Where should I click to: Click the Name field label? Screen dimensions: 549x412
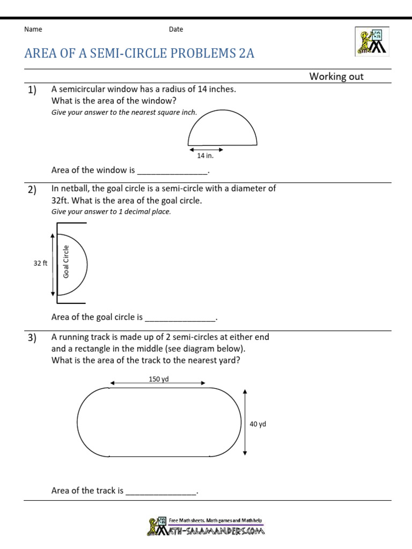point(33,29)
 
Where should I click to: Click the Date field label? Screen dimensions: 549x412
point(176,29)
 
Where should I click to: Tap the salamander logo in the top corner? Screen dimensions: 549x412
point(371,41)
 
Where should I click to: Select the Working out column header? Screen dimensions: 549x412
point(336,77)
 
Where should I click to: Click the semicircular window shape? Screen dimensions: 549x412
point(222,129)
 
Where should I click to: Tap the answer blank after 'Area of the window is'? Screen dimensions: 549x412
point(172,170)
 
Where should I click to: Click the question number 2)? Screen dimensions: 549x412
point(32,189)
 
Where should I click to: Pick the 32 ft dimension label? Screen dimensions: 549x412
point(40,263)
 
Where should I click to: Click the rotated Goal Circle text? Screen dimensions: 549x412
point(67,262)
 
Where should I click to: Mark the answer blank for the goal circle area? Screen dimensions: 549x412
point(180,317)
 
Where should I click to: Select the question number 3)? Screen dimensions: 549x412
point(32,338)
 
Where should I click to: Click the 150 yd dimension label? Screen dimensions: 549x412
point(159,379)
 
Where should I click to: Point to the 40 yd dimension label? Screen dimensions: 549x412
point(258,424)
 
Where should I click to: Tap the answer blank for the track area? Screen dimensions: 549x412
point(161,491)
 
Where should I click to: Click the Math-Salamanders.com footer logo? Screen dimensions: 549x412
point(206,526)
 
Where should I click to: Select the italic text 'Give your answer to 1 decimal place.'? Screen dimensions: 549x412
point(111,212)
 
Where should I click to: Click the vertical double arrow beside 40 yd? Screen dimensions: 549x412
point(245,422)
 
